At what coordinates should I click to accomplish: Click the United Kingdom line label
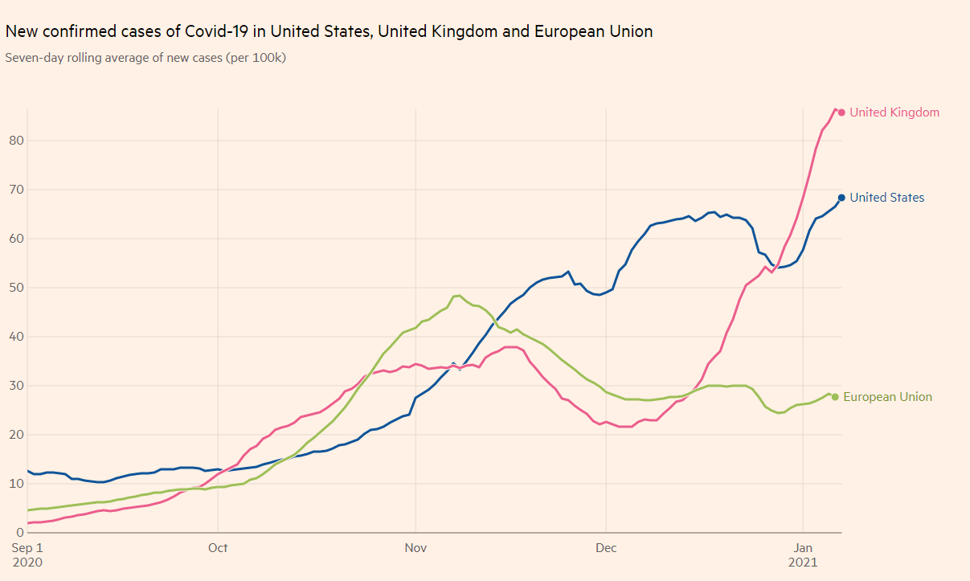click(x=894, y=113)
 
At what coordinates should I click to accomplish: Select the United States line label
click(x=886, y=198)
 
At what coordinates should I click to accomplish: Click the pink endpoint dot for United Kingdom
click(x=841, y=113)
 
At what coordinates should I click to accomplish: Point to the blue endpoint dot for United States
click(x=841, y=198)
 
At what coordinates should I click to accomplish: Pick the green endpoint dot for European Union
click(x=835, y=397)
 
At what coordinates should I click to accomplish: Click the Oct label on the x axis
click(x=218, y=548)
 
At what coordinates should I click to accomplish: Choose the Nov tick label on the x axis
click(x=415, y=548)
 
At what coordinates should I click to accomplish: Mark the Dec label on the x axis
click(x=606, y=548)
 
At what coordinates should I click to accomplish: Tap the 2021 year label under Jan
click(x=803, y=563)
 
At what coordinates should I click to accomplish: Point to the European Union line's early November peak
click(x=458, y=296)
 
